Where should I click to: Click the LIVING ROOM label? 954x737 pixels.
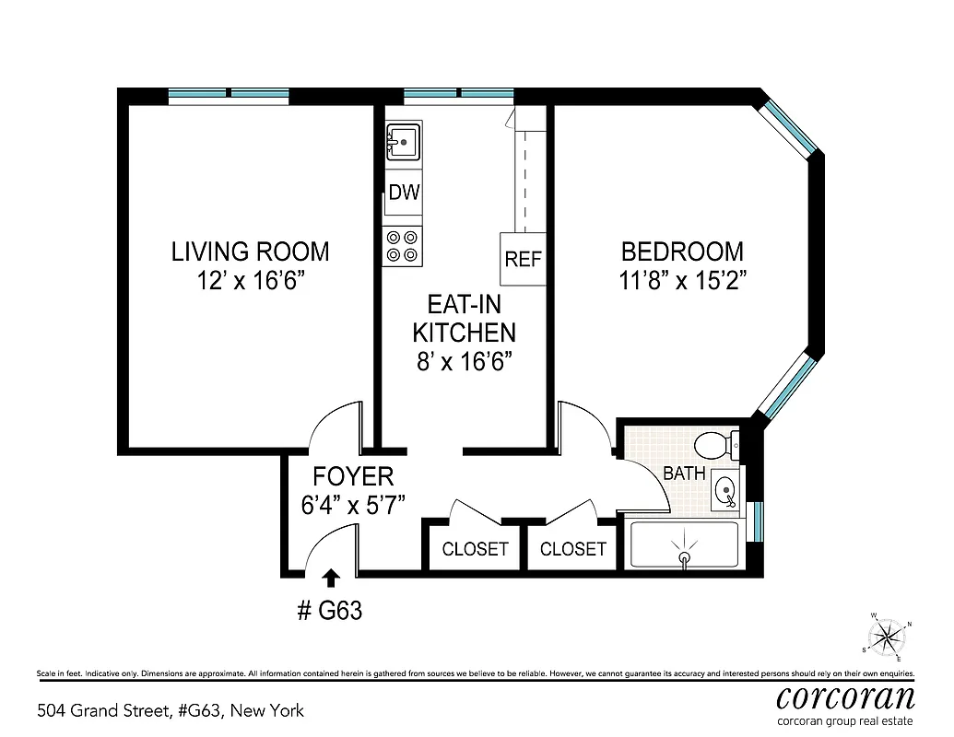[250, 251]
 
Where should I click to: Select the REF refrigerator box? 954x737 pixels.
[523, 259]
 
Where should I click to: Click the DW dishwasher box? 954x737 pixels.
[404, 193]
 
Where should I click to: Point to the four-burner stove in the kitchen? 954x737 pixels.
[403, 246]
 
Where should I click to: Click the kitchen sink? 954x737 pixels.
[403, 143]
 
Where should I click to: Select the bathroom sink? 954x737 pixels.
[725, 489]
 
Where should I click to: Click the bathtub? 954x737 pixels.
[684, 544]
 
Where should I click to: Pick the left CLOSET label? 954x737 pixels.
[475, 549]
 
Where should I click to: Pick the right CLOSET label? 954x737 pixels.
[573, 549]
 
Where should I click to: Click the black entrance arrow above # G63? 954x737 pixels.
[331, 578]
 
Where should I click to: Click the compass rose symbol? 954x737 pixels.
[887, 636]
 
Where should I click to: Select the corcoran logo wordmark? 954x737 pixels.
[845, 696]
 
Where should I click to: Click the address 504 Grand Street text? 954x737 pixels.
[171, 710]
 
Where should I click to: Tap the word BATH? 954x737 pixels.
[685, 474]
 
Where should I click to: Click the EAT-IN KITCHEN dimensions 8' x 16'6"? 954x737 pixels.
[464, 360]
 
